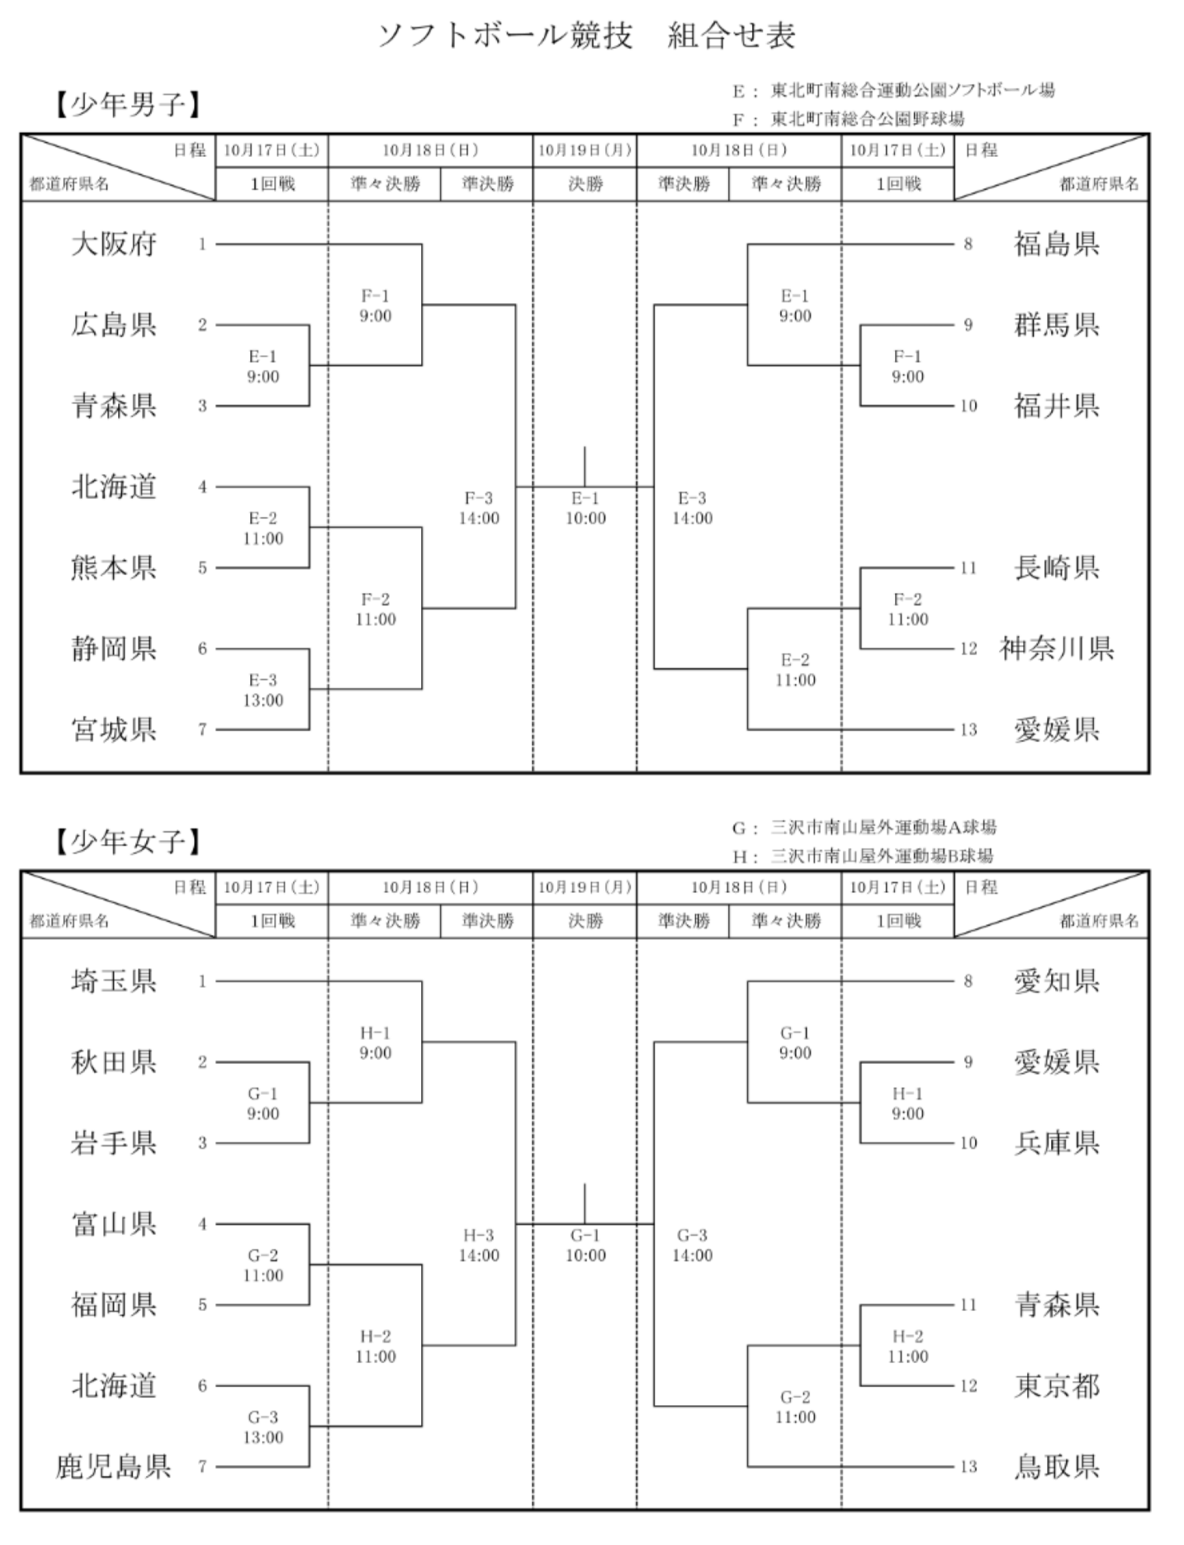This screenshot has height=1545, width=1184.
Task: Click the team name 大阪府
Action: coord(114,244)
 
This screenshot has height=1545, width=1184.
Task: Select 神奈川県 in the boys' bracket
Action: coord(1057,648)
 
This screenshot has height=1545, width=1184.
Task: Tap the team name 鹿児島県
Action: coord(113,1466)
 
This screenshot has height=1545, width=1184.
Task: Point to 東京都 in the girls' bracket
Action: coord(1057,1385)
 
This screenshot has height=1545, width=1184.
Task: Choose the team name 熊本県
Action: coord(114,567)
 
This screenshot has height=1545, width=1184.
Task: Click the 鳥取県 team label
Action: coord(1057,1466)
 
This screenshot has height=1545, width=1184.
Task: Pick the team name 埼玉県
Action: coord(114,981)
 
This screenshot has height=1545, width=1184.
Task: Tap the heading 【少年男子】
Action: coord(128,104)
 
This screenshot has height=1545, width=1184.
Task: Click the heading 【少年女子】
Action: coord(128,841)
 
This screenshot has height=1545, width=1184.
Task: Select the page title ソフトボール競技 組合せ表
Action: coord(587,36)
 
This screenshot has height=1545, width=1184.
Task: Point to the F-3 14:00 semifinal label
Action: coord(479,508)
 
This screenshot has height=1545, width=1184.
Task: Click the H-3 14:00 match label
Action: coord(479,1245)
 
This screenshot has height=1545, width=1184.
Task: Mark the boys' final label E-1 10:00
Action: coord(585,508)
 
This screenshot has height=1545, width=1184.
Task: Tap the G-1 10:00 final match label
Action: coord(585,1245)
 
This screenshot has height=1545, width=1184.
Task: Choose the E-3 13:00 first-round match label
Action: coord(263,690)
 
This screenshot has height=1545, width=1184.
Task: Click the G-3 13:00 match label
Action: coord(263,1427)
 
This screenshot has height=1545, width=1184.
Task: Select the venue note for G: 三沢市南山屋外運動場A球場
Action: coord(864,827)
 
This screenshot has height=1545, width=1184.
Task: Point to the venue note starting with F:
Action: coord(848,119)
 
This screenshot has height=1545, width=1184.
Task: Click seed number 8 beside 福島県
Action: coord(968,244)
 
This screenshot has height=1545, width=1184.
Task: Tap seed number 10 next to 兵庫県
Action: coord(968,1142)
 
